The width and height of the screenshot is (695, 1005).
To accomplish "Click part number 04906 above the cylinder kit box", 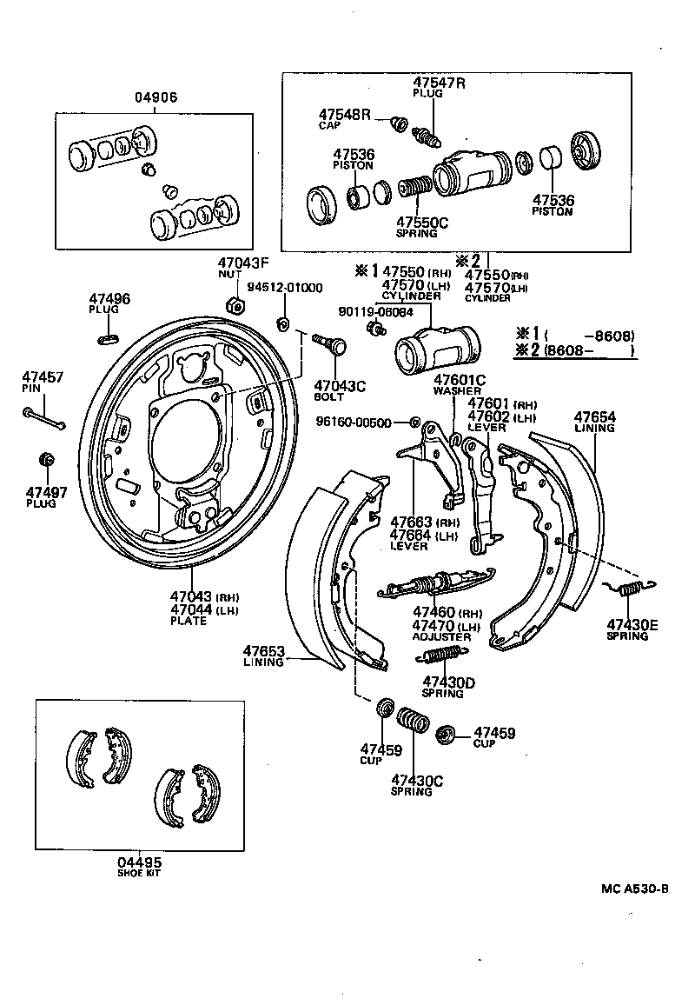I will pos(156,97).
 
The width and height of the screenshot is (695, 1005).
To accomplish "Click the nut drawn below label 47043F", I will pos(233,304).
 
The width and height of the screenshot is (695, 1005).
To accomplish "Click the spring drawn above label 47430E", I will pos(628,591).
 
